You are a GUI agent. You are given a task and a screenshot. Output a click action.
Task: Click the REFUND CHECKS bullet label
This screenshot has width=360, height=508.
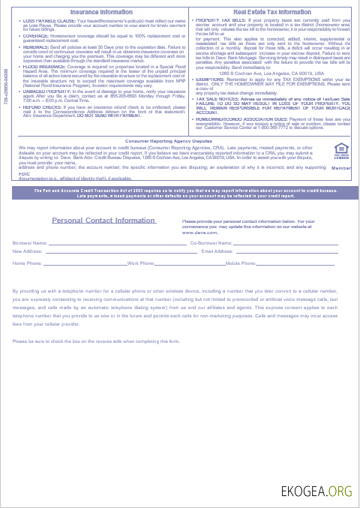click(x=36, y=106)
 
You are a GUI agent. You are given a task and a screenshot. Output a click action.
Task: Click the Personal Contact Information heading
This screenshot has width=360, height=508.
click(x=104, y=221)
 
